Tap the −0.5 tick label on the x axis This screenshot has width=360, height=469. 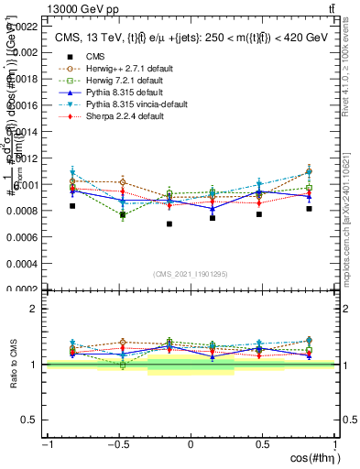[117, 445]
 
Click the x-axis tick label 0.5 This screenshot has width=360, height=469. [262, 445]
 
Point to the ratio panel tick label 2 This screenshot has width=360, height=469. [35, 309]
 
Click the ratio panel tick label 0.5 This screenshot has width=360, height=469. [31, 420]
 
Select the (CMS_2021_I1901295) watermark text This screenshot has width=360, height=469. [191, 274]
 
